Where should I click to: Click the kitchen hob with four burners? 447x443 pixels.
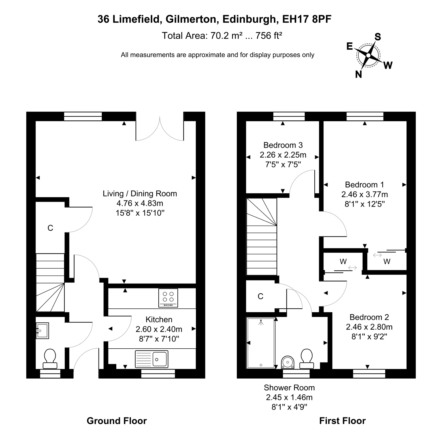click(168, 298)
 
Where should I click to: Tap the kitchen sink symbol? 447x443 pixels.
click(152, 359)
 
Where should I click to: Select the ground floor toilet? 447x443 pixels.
click(50, 359)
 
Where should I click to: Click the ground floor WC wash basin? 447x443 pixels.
click(42, 331)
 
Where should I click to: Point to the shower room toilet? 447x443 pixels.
click(307, 359)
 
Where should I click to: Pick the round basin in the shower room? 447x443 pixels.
click(288, 362)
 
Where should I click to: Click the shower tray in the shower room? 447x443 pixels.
click(261, 343)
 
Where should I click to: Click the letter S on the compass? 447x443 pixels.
click(378, 37)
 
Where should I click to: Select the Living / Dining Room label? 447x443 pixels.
click(140, 194)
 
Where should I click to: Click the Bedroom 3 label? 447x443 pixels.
click(283, 145)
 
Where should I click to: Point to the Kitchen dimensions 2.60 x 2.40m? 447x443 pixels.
click(159, 329)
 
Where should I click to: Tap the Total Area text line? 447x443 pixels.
click(222, 36)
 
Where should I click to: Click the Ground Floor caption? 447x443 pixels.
click(117, 421)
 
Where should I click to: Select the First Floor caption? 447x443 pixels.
click(342, 421)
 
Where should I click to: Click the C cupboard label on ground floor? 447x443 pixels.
click(50, 228)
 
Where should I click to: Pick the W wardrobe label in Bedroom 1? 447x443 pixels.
click(387, 261)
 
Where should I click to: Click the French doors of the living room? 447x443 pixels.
click(160, 129)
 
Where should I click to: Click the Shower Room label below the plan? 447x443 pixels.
click(289, 388)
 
